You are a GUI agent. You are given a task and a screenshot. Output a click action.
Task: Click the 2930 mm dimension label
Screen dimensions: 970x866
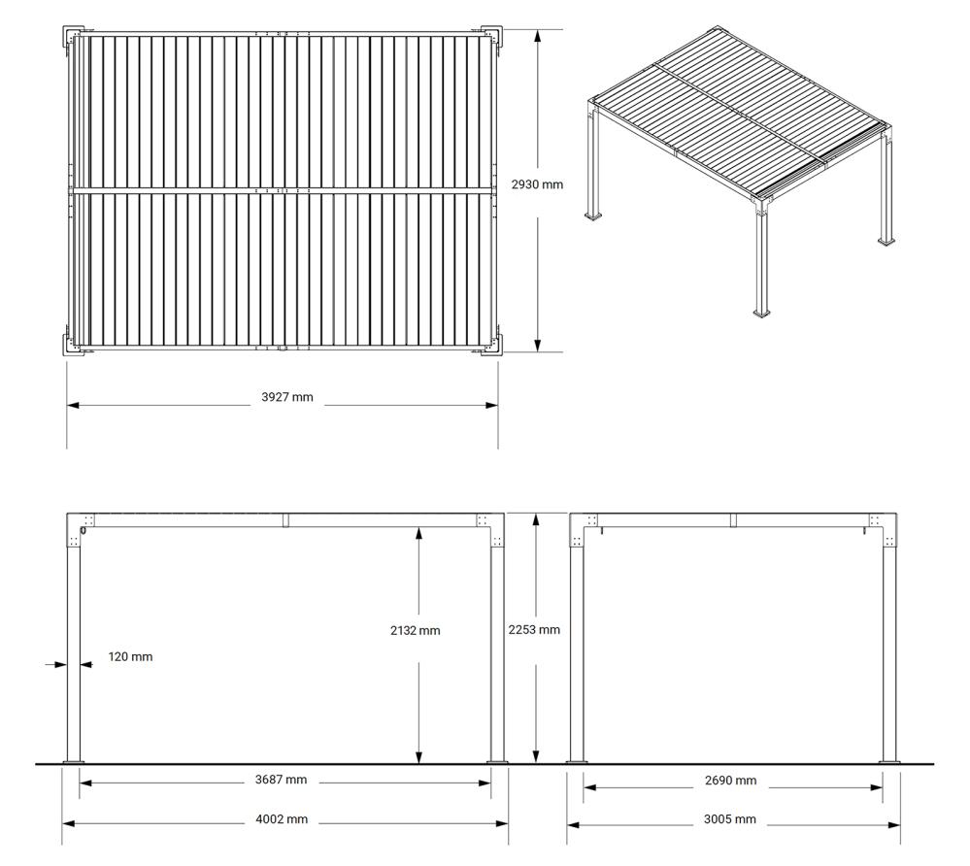pyautogui.click(x=537, y=184)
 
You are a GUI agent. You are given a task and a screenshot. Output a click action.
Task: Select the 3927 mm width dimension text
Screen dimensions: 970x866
pyautogui.click(x=287, y=397)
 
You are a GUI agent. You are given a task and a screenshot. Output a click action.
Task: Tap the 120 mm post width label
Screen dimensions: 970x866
pyautogui.click(x=130, y=657)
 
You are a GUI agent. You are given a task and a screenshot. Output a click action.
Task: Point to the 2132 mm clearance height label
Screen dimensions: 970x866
pyautogui.click(x=416, y=631)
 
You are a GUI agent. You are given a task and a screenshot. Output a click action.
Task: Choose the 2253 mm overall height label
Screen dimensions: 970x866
pyautogui.click(x=534, y=630)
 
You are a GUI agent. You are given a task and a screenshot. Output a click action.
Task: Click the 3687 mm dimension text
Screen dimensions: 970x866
pyautogui.click(x=281, y=780)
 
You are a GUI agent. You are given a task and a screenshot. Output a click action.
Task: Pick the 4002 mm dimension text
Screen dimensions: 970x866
pyautogui.click(x=282, y=819)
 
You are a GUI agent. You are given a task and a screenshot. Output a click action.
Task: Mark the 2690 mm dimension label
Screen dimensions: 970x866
pyautogui.click(x=730, y=781)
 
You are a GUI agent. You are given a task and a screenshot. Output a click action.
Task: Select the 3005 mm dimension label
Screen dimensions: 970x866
pyautogui.click(x=730, y=819)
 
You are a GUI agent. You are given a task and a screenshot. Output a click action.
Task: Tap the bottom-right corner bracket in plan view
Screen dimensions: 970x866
pyautogui.click(x=492, y=345)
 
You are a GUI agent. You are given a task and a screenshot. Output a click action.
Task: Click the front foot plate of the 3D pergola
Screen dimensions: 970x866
pyautogui.click(x=763, y=313)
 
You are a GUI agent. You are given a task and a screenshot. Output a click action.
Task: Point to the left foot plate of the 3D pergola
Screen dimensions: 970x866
pyautogui.click(x=595, y=216)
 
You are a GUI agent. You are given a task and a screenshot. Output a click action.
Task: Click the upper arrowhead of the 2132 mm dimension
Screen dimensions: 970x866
pyautogui.click(x=418, y=533)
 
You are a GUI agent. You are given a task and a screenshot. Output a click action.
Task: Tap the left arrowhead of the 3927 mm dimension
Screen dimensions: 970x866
pyautogui.click(x=74, y=405)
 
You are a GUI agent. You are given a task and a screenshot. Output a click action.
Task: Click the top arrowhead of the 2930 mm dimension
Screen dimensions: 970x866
pyautogui.click(x=538, y=36)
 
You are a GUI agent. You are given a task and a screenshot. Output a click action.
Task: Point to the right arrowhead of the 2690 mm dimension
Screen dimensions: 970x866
pyautogui.click(x=876, y=787)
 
